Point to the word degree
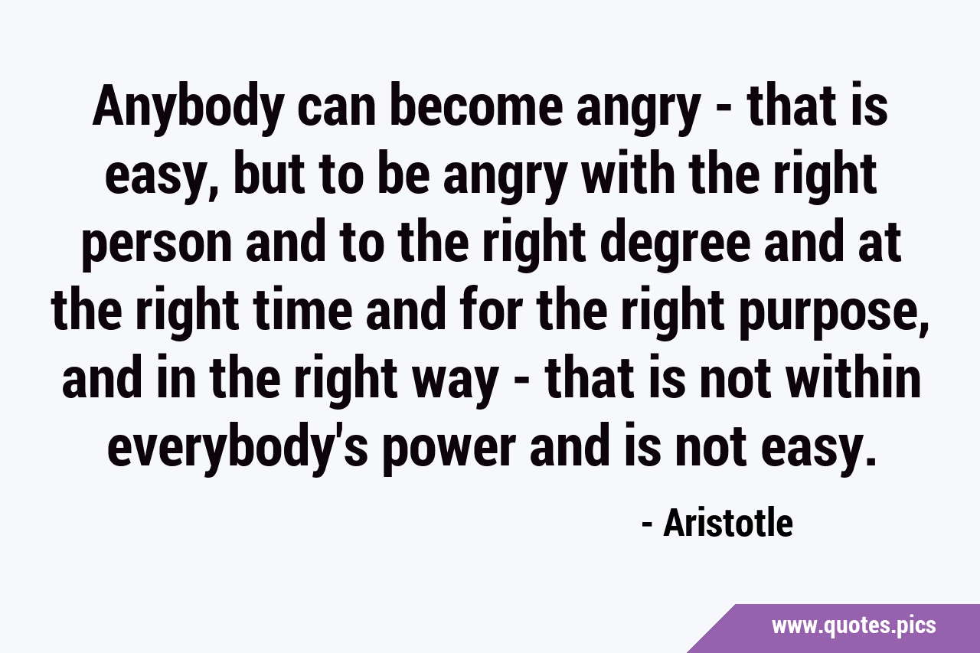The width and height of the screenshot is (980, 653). [675, 245]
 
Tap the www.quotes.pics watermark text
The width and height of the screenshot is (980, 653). [854, 626]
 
